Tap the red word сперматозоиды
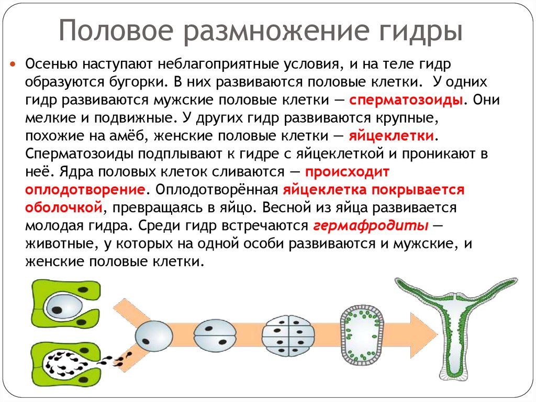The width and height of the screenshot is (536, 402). tap(406, 100)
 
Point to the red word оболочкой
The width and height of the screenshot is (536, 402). tap(63, 207)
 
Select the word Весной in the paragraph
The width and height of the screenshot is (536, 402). tap(285, 207)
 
